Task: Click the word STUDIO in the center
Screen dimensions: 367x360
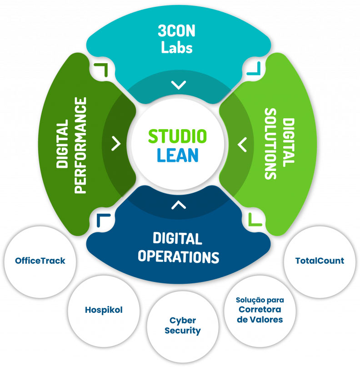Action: (x=178, y=136)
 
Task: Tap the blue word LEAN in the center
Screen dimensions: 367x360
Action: (x=178, y=155)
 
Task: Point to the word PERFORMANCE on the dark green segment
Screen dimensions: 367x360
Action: (x=80, y=145)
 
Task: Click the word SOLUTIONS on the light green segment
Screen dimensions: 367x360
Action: (x=271, y=144)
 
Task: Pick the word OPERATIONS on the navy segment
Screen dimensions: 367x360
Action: (x=178, y=256)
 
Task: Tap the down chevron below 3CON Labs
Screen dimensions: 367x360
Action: (x=179, y=85)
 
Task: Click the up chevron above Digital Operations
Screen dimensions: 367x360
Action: (x=179, y=205)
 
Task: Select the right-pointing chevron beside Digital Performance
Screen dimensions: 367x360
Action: (x=117, y=144)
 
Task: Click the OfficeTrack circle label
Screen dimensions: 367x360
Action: (x=40, y=261)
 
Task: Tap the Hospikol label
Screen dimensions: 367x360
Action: (x=104, y=310)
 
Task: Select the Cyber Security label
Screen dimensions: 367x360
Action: (x=182, y=326)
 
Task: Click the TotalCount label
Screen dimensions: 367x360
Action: (x=320, y=261)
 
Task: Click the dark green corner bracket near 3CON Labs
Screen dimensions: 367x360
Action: (x=100, y=69)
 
